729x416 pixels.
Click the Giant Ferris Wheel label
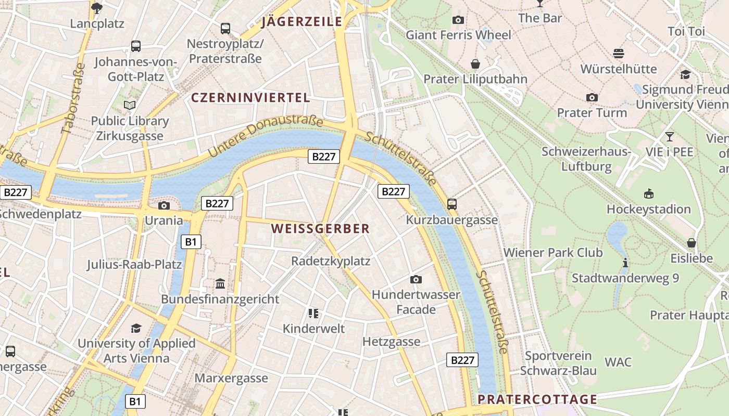click(x=458, y=35)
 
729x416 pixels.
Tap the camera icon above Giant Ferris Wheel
click(x=458, y=20)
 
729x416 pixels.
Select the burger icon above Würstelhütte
click(x=619, y=53)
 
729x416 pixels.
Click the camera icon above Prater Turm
click(x=592, y=97)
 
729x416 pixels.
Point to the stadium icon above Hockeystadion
click(x=648, y=194)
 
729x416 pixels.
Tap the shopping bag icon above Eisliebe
click(x=692, y=243)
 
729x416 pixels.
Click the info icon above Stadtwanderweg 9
click(x=625, y=263)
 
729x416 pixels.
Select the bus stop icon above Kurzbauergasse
click(x=452, y=204)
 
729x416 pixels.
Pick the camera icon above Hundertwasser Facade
click(x=416, y=279)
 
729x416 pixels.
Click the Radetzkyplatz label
click(x=331, y=261)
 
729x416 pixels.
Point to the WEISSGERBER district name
click(x=320, y=228)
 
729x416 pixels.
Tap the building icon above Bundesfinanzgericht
click(x=220, y=284)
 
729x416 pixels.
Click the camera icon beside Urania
click(x=164, y=205)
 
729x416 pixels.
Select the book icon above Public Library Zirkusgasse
click(x=130, y=106)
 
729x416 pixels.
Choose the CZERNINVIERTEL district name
click(x=250, y=97)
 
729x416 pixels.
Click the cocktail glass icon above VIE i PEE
click(x=670, y=137)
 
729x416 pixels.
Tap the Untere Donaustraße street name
click(x=266, y=136)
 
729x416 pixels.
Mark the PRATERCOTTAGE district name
click(x=537, y=399)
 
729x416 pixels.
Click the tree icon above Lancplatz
click(x=97, y=8)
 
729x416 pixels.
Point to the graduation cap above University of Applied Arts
click(x=136, y=328)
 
